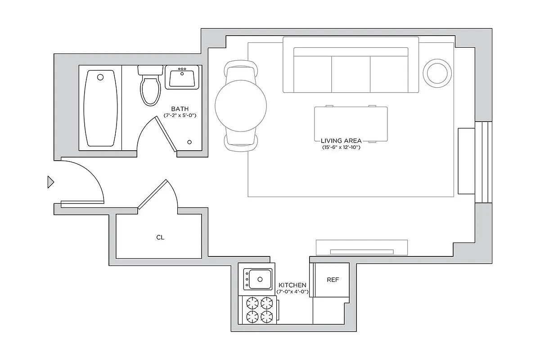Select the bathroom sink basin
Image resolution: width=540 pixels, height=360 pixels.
(182, 78)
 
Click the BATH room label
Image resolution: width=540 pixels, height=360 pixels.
(180, 109)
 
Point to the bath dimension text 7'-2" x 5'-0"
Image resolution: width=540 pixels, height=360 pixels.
(180, 116)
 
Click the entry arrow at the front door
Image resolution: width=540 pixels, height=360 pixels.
(51, 182)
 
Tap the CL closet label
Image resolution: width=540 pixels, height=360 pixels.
(160, 237)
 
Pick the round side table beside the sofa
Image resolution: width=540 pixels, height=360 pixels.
(436, 72)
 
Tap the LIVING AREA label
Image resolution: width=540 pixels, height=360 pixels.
(341, 141)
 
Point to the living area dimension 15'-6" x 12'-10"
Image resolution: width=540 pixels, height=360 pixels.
(341, 147)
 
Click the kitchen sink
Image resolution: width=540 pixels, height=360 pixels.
(258, 279)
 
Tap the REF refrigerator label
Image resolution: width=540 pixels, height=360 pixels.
(333, 279)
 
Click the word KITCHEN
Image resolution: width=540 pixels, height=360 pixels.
(292, 285)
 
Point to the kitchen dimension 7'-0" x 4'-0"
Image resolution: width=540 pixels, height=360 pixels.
(292, 292)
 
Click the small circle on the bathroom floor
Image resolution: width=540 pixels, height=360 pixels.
(189, 142)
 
